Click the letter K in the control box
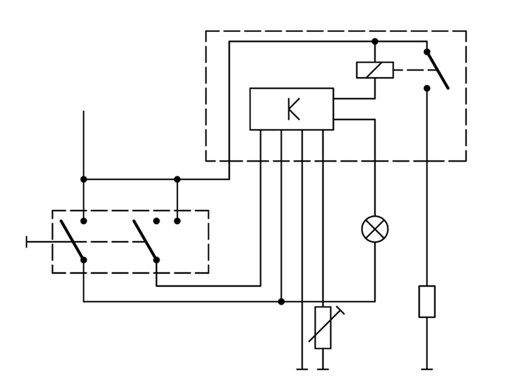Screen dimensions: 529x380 [x=293, y=109]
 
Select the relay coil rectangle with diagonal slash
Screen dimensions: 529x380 [x=375, y=70]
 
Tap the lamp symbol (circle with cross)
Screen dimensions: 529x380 [x=375, y=229]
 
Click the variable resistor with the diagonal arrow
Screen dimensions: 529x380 [x=323, y=327]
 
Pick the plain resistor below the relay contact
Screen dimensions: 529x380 [x=427, y=301]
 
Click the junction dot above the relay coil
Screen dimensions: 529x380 [x=375, y=42]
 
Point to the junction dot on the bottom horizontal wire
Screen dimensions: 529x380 [x=282, y=301]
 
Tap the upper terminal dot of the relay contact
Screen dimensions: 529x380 [x=427, y=52]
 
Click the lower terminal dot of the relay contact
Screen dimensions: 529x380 [x=427, y=88]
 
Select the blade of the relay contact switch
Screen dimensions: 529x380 [x=437, y=70]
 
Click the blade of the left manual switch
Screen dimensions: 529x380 [x=72, y=240]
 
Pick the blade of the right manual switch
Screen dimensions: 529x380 [x=145, y=240]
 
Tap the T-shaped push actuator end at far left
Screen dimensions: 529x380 [x=26, y=242]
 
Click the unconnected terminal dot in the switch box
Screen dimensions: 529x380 [x=156, y=221]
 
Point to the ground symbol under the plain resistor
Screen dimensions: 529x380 [x=427, y=369]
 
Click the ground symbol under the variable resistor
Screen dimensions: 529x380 [x=323, y=369]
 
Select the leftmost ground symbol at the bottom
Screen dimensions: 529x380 [x=302, y=369]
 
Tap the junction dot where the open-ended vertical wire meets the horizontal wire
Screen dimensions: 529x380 [x=83, y=179]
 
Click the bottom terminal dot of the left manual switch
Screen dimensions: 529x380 [x=83, y=260]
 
